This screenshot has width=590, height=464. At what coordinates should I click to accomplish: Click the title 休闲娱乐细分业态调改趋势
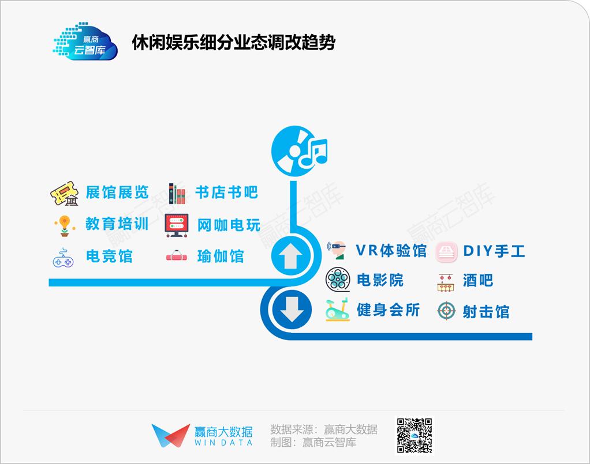pyautogui.click(x=233, y=43)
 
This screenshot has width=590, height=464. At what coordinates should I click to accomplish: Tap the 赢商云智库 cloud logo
pyautogui.click(x=85, y=42)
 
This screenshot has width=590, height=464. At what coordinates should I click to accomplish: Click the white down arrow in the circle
pyautogui.click(x=292, y=310)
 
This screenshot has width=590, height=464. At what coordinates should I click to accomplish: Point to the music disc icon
pyautogui.click(x=300, y=152)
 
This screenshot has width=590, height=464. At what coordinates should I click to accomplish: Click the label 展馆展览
pyautogui.click(x=117, y=193)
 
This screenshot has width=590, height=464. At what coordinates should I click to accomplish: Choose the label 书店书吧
pyautogui.click(x=226, y=193)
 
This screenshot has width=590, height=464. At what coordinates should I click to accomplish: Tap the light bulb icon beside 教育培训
pyautogui.click(x=65, y=225)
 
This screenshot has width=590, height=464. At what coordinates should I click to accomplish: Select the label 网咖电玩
pyautogui.click(x=229, y=225)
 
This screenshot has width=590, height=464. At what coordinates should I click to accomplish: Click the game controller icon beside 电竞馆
pyautogui.click(x=64, y=258)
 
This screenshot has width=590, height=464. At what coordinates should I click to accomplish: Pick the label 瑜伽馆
pyautogui.click(x=221, y=256)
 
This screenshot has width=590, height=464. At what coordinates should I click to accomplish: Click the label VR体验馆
pyautogui.click(x=391, y=251)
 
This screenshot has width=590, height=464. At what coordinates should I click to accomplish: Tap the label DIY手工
pyautogui.click(x=494, y=251)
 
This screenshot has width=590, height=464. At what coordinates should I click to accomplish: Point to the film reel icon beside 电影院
pyautogui.click(x=338, y=280)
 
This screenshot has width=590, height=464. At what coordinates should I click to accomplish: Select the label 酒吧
pyautogui.click(x=478, y=280)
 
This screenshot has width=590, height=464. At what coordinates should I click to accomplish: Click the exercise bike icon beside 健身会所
pyautogui.click(x=337, y=310)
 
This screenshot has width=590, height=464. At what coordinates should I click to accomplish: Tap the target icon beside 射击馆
pyautogui.click(x=446, y=311)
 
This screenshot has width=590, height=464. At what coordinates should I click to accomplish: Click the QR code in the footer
pyautogui.click(x=415, y=436)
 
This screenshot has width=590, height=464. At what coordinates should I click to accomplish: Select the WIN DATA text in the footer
pyautogui.click(x=223, y=443)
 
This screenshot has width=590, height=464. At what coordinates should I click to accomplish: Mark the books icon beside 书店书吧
pyautogui.click(x=177, y=194)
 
